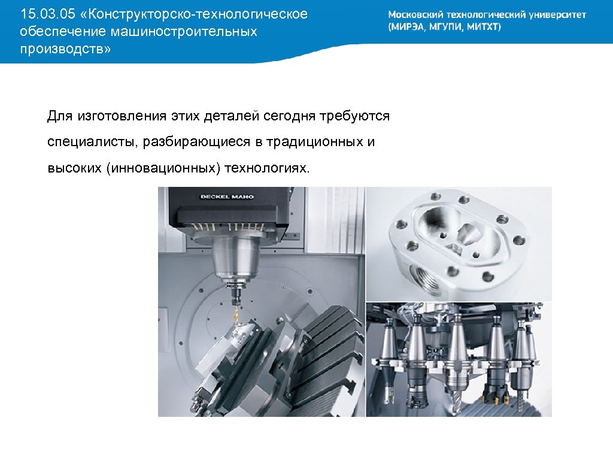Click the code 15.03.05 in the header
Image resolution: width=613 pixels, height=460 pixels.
(48, 14)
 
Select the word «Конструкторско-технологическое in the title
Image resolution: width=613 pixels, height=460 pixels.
(193, 14)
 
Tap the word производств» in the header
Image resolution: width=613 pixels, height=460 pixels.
(65, 49)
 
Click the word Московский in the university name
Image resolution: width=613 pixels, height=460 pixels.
(415, 15)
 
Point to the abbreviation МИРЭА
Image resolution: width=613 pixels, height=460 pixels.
(406, 27)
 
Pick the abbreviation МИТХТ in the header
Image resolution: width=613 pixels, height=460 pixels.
(484, 27)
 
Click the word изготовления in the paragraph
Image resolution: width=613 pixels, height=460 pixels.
(122, 116)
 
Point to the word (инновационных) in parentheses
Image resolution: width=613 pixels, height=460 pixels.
(163, 168)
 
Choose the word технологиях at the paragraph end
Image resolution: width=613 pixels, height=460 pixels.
(267, 168)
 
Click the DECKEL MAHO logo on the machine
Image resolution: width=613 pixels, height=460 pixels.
(227, 196)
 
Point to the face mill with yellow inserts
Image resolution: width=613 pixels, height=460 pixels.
(496, 394)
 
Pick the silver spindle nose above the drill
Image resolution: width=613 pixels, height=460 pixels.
(235, 259)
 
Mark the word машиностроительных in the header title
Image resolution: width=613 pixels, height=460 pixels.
(184, 32)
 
